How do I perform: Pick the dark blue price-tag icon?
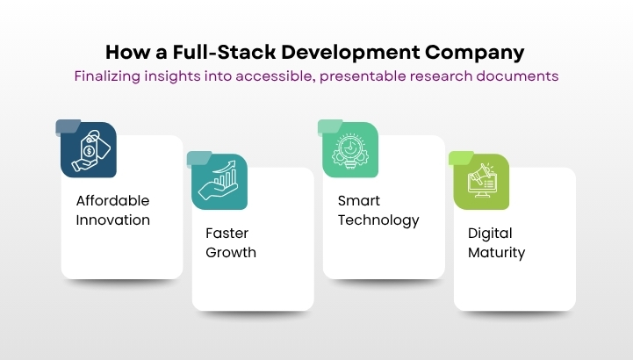coord(89,150)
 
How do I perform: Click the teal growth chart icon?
coord(219,182)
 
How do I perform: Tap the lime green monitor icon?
coord(481,182)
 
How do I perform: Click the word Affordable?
coord(112,200)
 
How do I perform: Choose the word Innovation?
coord(112,220)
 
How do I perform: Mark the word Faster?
coord(227,234)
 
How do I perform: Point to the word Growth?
coord(231,253)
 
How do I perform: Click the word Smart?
coord(359,200)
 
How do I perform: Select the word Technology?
coord(378,220)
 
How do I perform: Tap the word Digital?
coord(490,234)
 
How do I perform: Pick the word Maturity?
coord(496,253)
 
